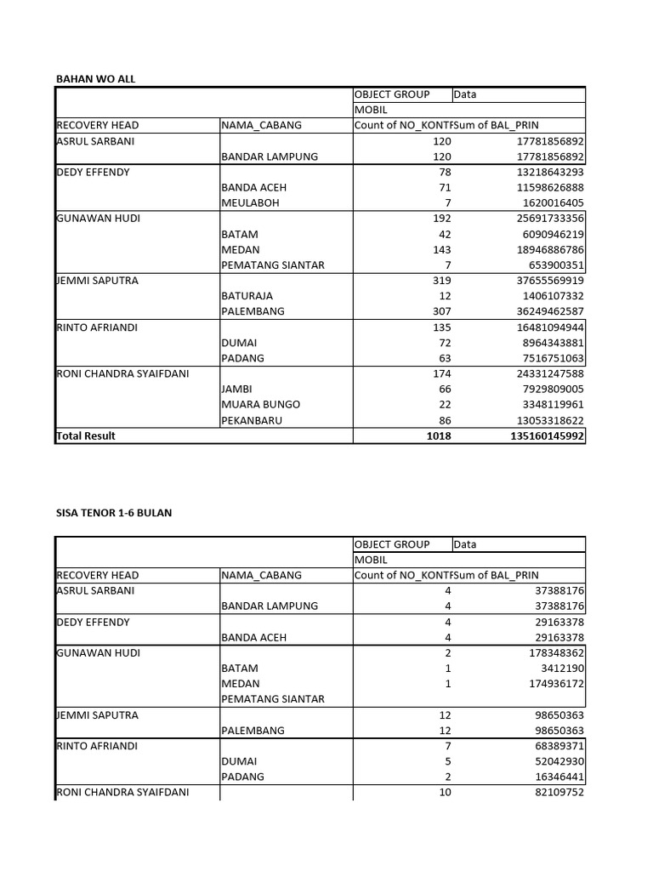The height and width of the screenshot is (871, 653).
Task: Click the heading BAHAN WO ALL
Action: (x=95, y=79)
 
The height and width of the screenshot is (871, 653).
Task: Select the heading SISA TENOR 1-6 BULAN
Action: (x=113, y=513)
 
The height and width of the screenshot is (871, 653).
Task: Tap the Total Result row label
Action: (x=85, y=435)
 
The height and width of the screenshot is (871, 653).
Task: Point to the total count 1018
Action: (x=439, y=435)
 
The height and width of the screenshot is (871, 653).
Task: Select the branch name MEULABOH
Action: (x=251, y=203)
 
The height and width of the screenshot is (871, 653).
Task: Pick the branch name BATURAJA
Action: (x=252, y=296)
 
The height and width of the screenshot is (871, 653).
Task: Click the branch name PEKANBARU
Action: (x=255, y=420)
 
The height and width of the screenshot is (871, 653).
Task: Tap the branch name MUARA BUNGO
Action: (x=260, y=404)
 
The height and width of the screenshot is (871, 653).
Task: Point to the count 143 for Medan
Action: (x=442, y=249)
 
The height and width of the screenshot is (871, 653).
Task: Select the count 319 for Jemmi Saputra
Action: (x=442, y=281)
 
